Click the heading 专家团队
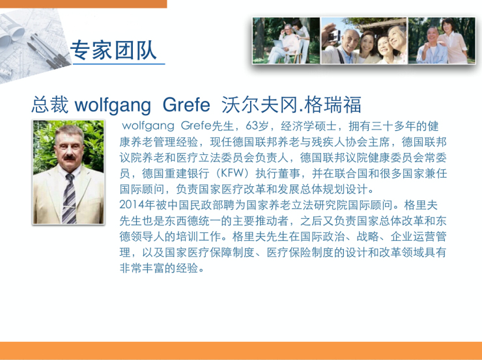pos(114,49)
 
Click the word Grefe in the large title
pos(186,104)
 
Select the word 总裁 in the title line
pos(50,104)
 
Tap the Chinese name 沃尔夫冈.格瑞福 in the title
pos(291,104)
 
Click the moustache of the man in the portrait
pos(70,158)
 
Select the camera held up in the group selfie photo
pos(333,36)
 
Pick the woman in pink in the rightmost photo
pos(451,41)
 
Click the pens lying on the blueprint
pos(50,51)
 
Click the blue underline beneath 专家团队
pos(119,64)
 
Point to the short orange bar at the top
pos(83,4)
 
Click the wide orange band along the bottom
pos(241,350)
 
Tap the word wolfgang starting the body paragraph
pos(148,126)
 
